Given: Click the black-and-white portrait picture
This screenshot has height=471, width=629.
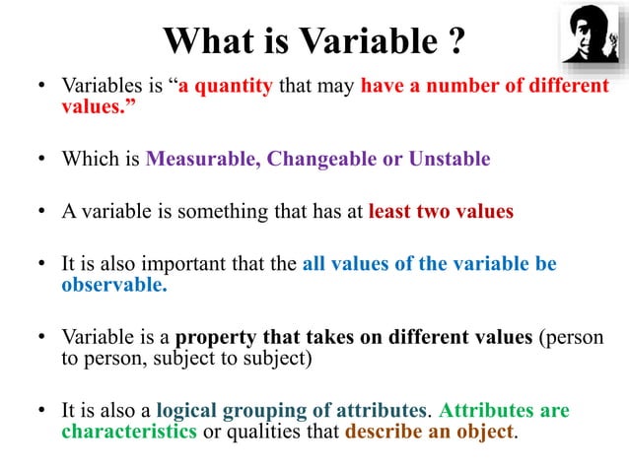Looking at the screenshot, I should pos(591,34).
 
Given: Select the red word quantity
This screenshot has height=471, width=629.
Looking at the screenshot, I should pos(234,86).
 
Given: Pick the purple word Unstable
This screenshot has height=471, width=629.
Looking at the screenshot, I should pos(448,160).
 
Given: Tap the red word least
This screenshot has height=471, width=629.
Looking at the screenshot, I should pos(390,212).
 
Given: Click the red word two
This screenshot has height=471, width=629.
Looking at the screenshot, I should pos(436,212).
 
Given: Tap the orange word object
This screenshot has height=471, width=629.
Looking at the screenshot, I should pos(484,432).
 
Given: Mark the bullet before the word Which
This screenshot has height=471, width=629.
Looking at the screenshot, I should pos(42,160).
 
